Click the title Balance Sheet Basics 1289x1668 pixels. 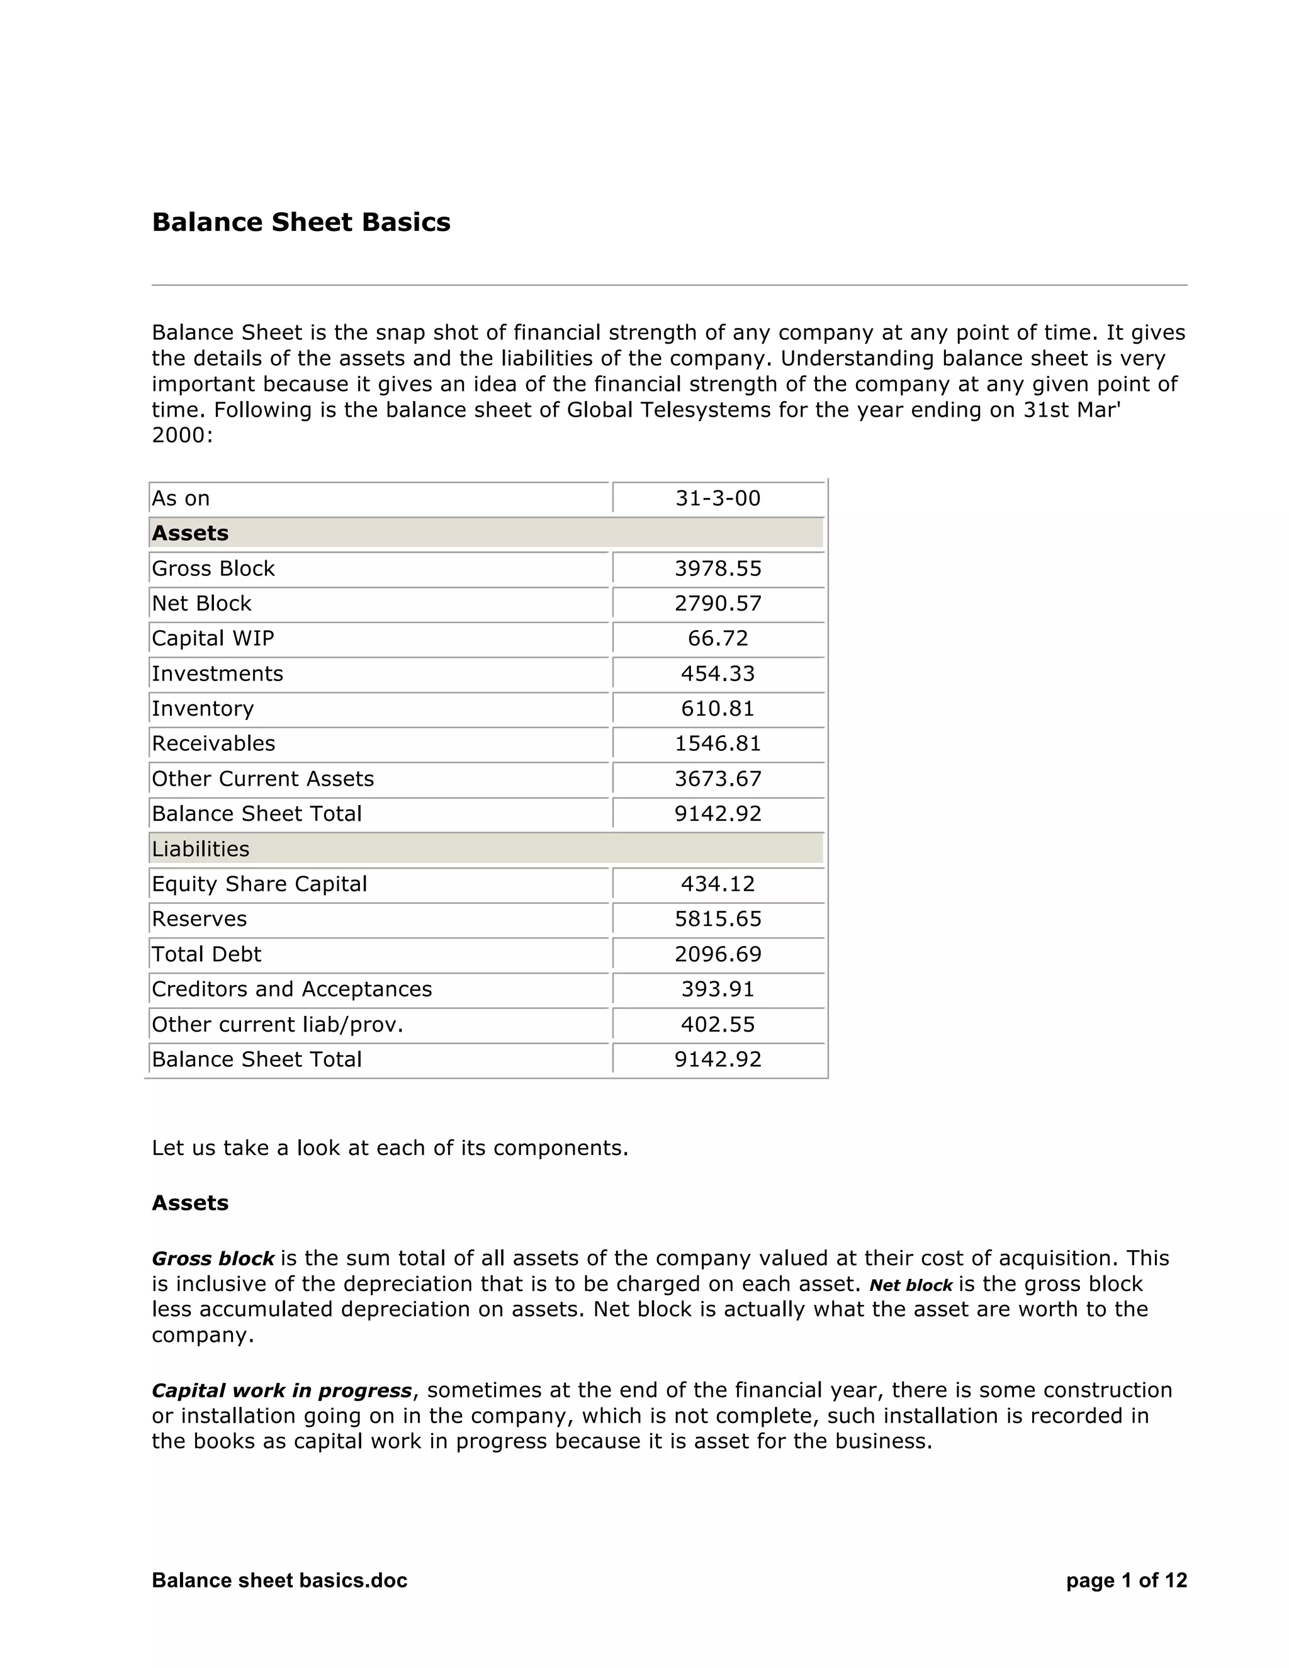[301, 222]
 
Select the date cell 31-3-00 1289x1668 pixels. [717, 498]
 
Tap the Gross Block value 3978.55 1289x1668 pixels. [717, 568]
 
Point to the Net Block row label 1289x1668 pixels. [201, 604]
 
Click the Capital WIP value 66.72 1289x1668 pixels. [717, 638]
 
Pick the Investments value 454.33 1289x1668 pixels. [717, 673]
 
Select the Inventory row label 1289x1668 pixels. [203, 709]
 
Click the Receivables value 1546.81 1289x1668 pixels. [717, 743]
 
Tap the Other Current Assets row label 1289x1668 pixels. [262, 778]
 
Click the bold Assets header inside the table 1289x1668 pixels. [190, 533]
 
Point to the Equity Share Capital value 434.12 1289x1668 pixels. [717, 884]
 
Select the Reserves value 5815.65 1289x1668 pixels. [717, 919]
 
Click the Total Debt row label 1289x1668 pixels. [206, 954]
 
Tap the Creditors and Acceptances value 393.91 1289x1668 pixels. [717, 989]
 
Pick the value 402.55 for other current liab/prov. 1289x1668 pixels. [717, 1024]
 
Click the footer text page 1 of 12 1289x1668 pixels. [1127, 1580]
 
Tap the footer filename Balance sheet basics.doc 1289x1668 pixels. [279, 1580]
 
